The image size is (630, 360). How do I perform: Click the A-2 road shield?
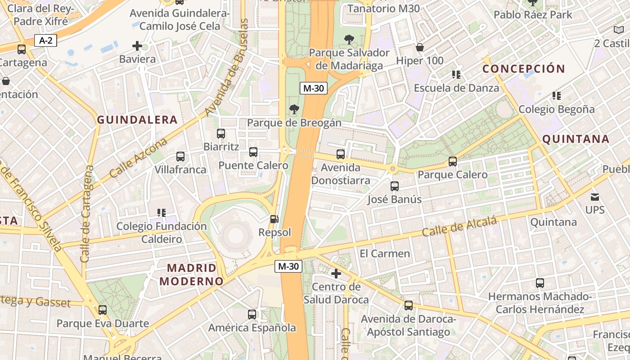coord(46,40)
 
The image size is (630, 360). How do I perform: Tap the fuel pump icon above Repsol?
coord(274,219)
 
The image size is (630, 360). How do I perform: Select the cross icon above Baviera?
coord(137,46)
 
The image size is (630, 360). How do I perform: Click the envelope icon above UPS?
coord(595,197)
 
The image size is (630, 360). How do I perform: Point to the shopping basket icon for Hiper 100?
coord(420,47)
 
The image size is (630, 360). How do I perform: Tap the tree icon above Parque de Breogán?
coord(294,109)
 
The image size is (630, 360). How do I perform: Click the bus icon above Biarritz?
coord(221,134)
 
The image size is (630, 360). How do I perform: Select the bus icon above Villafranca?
coord(180,157)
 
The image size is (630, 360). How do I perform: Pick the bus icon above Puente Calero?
coord(253,152)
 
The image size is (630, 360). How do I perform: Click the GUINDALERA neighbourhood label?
coord(137,120)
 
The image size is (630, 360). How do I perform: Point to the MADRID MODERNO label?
coord(192,274)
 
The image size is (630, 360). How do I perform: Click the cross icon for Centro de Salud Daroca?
coord(336,274)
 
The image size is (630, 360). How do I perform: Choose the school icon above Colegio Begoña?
coord(557,96)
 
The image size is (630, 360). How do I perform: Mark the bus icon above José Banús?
coord(395,186)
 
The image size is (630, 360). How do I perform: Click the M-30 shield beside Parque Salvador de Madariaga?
coord(314,88)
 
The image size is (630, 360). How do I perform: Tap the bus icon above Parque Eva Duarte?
coord(103,310)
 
